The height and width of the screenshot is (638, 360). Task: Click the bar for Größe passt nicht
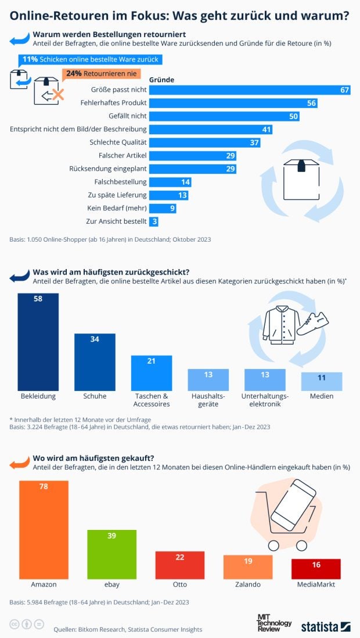click(250, 89)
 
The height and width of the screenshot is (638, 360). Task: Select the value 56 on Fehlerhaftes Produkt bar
click(312, 103)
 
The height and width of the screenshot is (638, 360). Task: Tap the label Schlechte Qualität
click(118, 142)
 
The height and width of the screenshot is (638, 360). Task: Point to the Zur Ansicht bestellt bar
click(154, 221)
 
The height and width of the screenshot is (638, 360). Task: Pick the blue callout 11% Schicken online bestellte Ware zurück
click(89, 60)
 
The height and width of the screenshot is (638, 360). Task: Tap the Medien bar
click(322, 381)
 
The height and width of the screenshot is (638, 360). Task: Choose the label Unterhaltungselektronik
click(265, 400)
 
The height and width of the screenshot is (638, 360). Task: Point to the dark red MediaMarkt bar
click(316, 569)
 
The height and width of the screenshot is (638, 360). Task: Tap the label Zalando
click(247, 585)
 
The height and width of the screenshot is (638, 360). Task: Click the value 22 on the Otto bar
click(179, 557)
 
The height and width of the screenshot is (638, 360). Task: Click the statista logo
click(325, 626)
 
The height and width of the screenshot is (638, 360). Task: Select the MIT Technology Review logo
click(274, 622)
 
